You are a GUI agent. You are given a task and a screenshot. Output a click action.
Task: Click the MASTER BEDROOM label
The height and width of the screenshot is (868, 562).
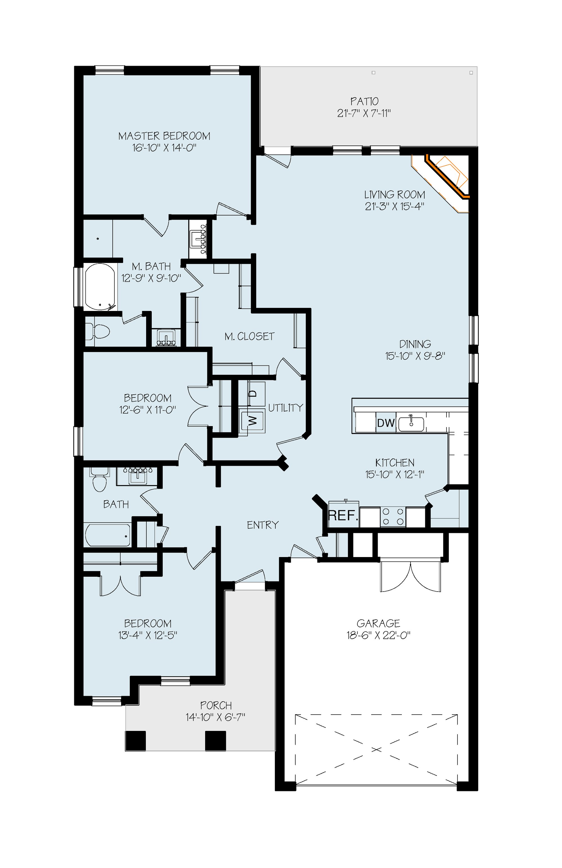(x=164, y=136)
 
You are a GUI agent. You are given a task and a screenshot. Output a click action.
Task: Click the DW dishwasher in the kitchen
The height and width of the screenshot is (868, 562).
(x=386, y=423)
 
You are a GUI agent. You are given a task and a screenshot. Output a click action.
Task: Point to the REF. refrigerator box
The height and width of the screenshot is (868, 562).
(x=343, y=515)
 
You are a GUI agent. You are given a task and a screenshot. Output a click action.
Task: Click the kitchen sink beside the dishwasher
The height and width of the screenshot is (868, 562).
(x=411, y=424)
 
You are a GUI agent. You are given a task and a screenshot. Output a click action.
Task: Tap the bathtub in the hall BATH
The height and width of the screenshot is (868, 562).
(x=107, y=535)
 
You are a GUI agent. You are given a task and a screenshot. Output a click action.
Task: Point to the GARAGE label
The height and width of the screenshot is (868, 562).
(x=379, y=623)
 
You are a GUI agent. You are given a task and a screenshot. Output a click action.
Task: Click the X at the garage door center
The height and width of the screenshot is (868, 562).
(x=376, y=749)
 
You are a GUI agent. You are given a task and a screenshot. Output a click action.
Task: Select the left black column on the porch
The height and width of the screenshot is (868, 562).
(x=135, y=741)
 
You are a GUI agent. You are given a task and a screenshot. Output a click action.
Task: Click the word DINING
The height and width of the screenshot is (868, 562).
(x=415, y=344)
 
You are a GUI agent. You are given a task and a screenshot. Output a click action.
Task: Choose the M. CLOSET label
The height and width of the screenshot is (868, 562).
(x=250, y=336)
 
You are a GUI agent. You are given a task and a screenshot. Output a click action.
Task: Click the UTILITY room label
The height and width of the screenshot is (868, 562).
(x=286, y=408)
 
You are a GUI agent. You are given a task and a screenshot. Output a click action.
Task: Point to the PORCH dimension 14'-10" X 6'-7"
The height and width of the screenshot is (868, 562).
(x=215, y=717)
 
